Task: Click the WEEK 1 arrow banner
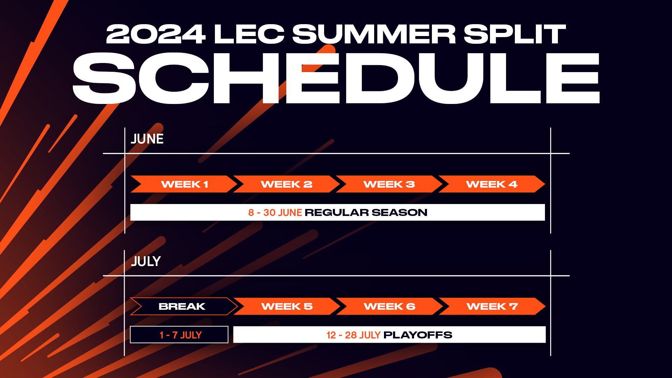tap(184, 184)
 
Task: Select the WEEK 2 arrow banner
tap(287, 184)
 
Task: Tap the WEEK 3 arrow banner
tap(389, 184)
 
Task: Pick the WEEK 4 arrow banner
tap(492, 184)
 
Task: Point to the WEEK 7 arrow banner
tap(492, 306)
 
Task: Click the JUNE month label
tap(147, 139)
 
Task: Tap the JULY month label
tap(146, 261)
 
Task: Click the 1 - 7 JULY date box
tap(179, 335)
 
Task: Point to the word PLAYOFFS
tap(418, 335)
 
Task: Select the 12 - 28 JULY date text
tap(353, 335)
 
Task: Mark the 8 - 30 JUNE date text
tap(275, 212)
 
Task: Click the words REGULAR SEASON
tap(366, 212)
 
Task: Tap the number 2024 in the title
tap(156, 34)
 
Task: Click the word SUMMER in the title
tap(374, 34)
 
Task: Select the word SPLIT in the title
tap(515, 34)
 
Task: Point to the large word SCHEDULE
tap(336, 78)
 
